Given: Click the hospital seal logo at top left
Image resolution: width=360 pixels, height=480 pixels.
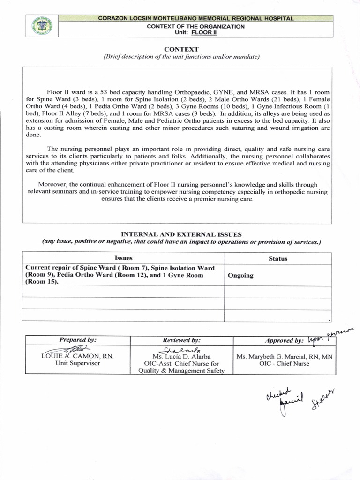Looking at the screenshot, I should [41, 27].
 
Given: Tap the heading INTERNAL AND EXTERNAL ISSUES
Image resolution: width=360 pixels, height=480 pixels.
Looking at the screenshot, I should [181, 234].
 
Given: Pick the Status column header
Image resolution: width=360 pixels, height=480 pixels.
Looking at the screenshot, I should [278, 258].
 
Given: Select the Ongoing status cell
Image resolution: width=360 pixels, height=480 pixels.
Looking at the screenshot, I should [240, 275].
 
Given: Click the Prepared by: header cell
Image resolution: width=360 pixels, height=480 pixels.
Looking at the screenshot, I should [78, 340].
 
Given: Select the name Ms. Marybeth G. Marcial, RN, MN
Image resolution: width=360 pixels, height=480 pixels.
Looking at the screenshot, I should [285, 356].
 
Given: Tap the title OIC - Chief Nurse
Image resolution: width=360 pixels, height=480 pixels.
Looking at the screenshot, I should [285, 363].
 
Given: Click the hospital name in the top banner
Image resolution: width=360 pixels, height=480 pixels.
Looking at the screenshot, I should [196, 18].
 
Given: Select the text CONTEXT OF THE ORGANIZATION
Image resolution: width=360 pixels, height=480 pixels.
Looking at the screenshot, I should [195, 26].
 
